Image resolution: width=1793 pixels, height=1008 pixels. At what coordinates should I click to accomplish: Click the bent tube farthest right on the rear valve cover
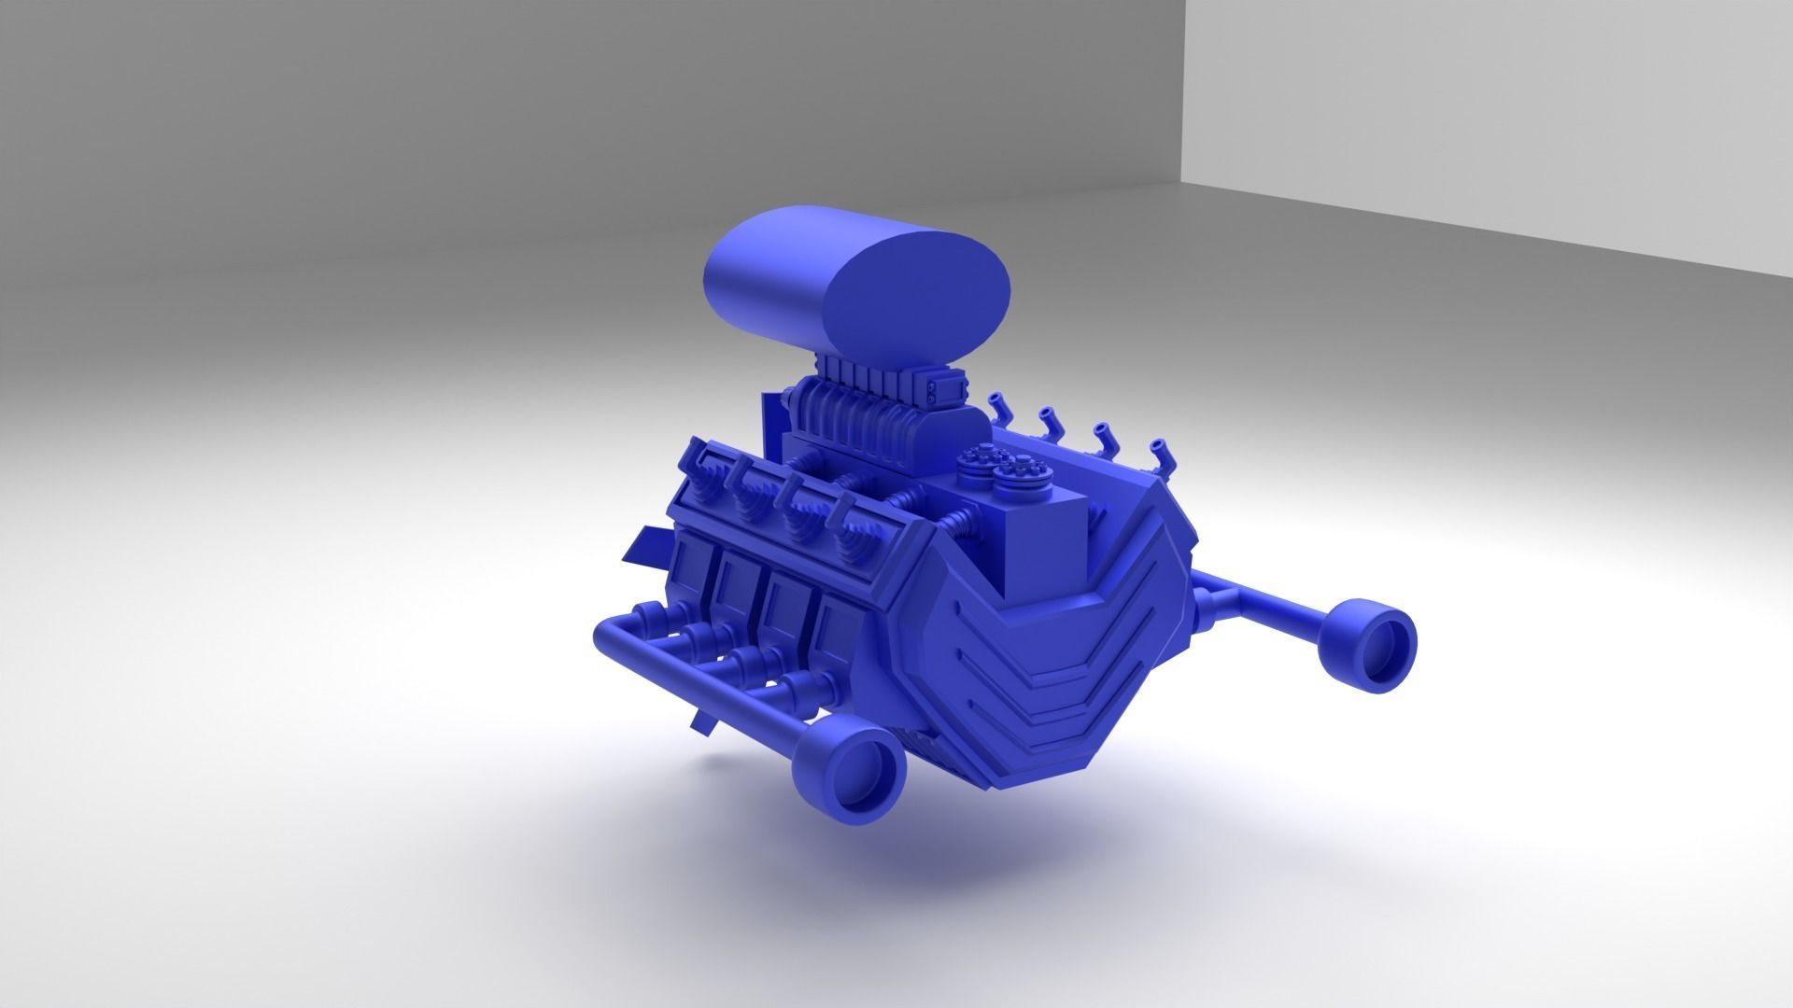coord(1158,455)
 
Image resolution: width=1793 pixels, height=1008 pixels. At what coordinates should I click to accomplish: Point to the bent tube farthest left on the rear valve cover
coord(998,407)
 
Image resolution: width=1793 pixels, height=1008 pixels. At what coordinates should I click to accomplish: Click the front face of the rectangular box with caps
coord(1048,551)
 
